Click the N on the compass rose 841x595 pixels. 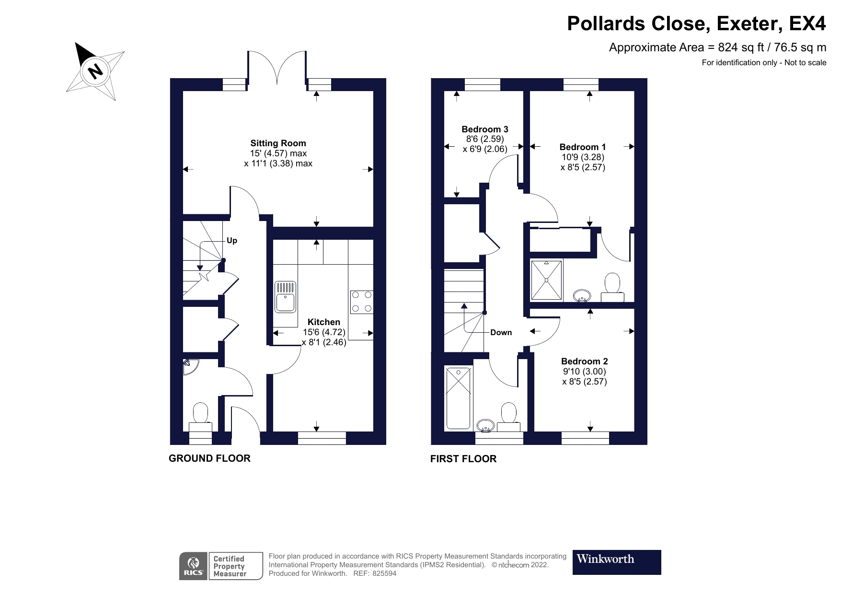[96, 71]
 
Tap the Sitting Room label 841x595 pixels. [278, 143]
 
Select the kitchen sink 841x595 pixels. [286, 297]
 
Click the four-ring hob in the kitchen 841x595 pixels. [361, 302]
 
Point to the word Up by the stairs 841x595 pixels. [232, 241]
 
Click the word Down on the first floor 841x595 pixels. [501, 332]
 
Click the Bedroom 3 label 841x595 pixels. [484, 129]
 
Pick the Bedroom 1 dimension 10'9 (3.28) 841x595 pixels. [583, 157]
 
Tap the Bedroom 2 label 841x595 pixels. [584, 362]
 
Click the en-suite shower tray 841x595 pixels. [546, 280]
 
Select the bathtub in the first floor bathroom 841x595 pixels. [459, 397]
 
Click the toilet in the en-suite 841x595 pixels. [612, 287]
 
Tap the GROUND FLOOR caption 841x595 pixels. [209, 458]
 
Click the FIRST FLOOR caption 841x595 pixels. [463, 459]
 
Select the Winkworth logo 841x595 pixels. [616, 562]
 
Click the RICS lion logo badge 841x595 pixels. [194, 566]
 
